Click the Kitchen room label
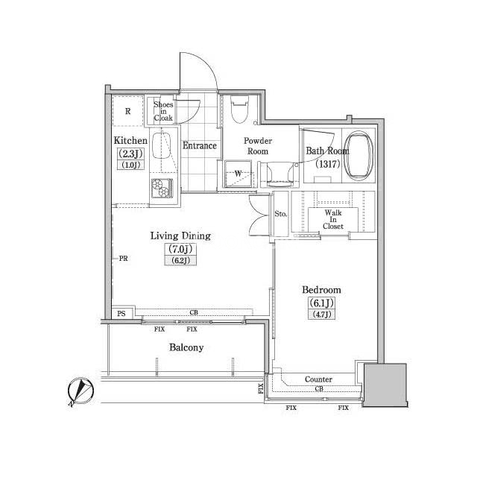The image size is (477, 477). pos(130,141)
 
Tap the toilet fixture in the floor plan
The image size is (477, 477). pos(240,110)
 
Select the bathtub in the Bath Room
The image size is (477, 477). pos(360,156)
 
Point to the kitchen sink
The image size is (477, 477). pos(162,146)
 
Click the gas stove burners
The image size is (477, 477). pos(162,188)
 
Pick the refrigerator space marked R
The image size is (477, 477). pos(127,111)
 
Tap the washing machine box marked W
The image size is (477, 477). pos(238,174)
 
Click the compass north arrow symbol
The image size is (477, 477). pos(80,391)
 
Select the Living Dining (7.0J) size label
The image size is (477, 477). pos(180,249)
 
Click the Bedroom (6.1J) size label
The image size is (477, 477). pos(321,303)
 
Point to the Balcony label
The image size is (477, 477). pos(186,347)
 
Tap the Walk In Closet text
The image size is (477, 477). pos(333,219)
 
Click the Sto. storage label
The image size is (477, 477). pos(280,214)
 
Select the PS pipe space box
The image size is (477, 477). pos(122,313)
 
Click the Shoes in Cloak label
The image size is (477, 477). pos(163,111)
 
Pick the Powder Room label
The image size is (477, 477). pos(258,146)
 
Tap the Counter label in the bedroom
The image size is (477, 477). pos(318,379)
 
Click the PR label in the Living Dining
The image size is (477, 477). pos(123,259)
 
